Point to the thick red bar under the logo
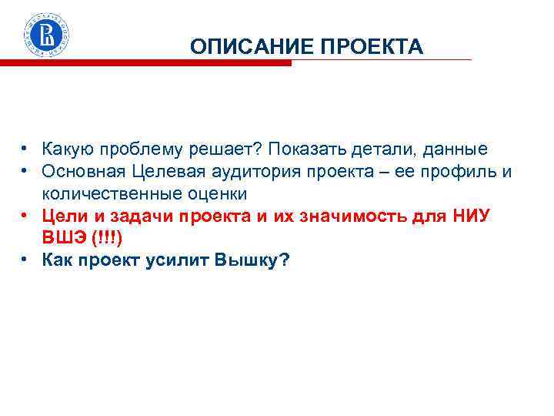[146, 62]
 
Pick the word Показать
[302, 148]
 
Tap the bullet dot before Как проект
[25, 260]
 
